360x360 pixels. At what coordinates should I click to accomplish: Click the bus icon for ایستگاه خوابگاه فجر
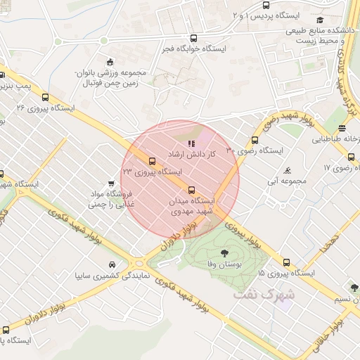point(194,39)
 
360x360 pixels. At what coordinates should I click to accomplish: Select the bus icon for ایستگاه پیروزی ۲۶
point(46,98)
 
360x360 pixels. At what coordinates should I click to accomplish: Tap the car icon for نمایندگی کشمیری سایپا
point(112,265)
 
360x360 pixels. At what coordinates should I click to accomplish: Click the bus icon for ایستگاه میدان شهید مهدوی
point(191,190)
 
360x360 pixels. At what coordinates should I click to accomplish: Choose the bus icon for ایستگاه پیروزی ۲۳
point(152,161)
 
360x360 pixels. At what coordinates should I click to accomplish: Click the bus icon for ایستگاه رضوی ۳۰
point(255,140)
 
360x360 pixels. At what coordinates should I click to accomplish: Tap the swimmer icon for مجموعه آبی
point(288,171)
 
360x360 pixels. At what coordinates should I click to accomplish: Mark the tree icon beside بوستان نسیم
point(353,288)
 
